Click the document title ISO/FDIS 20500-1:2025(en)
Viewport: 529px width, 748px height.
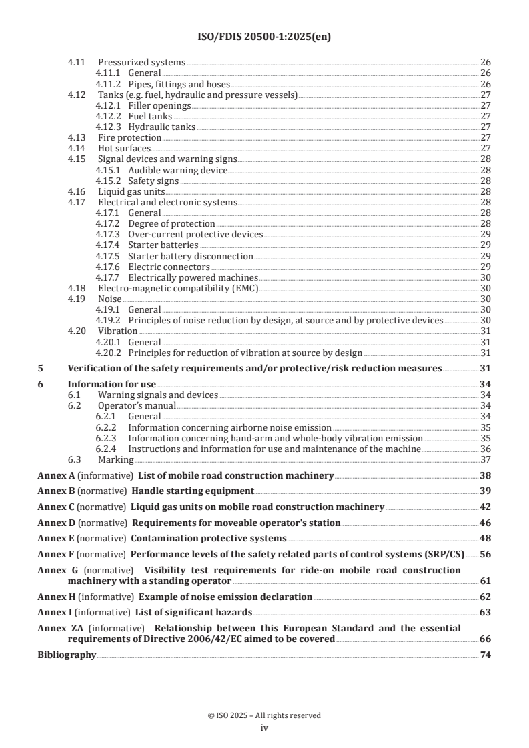(264, 37)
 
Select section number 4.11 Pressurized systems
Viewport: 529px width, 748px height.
(77, 63)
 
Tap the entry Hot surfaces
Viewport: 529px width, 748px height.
(124, 148)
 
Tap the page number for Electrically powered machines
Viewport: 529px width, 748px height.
(486, 277)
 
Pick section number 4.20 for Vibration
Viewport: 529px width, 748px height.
(77, 331)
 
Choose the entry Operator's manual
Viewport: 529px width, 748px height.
(137, 405)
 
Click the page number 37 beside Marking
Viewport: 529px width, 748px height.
(486, 459)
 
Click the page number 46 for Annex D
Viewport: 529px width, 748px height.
(485, 523)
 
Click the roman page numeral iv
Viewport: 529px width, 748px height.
(264, 729)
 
